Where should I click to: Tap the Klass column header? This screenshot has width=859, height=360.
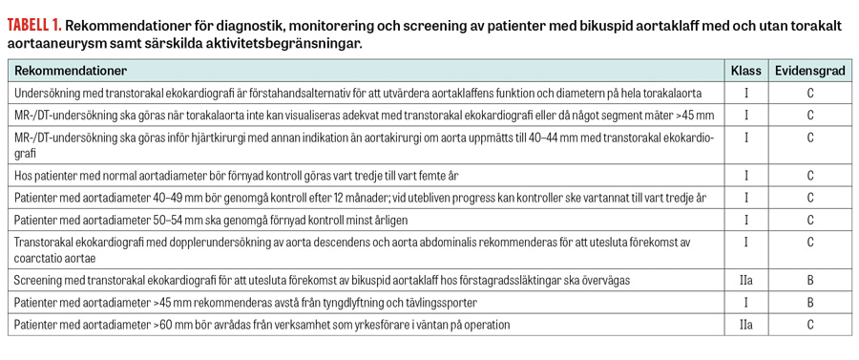745,72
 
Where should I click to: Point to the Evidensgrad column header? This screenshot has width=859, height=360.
809,72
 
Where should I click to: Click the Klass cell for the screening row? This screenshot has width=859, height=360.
745,282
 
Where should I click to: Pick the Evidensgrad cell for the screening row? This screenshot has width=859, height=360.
809,282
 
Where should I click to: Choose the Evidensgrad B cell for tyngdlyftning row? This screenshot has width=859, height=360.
809,303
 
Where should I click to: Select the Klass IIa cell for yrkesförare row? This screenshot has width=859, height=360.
745,325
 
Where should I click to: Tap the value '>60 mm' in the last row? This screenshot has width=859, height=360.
173,325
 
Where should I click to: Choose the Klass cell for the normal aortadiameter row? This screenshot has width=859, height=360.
745,177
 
